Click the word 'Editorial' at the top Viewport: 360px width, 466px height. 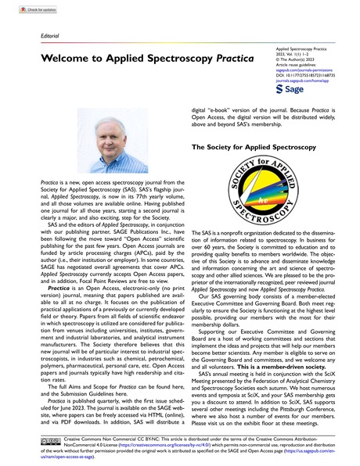pos(27,36)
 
